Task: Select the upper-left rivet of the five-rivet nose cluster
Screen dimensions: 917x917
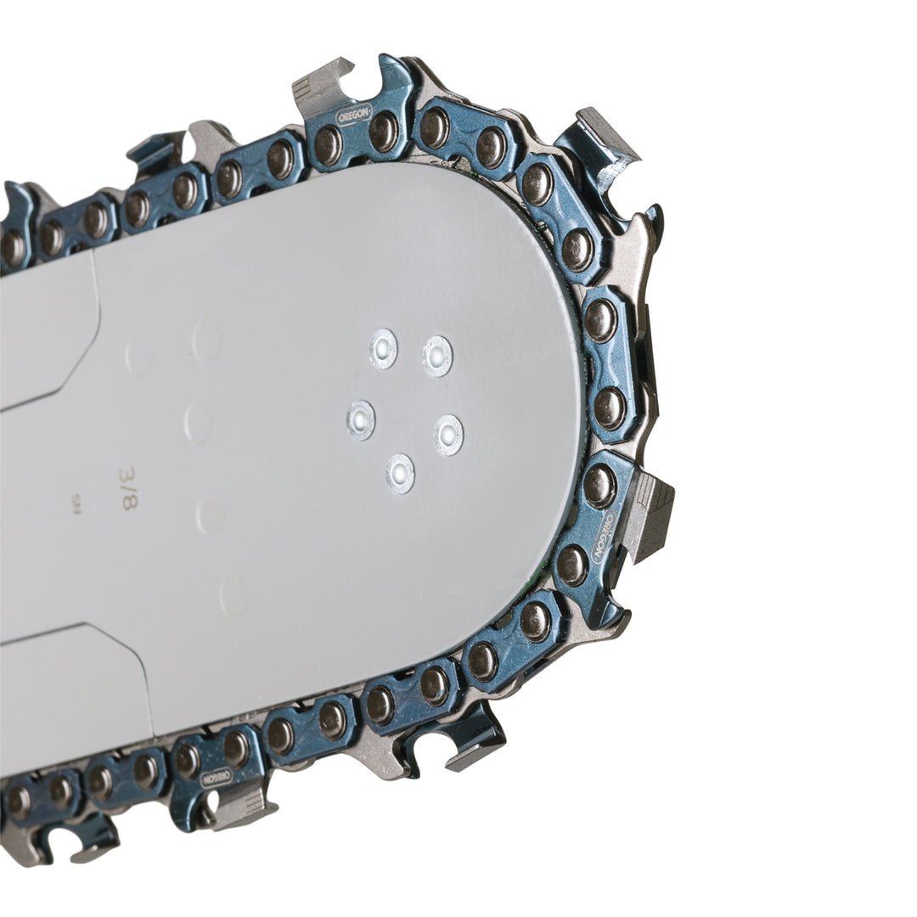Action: [383, 348]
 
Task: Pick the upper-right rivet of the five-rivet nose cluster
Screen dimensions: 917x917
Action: [438, 356]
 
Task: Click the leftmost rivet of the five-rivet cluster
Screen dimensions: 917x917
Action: [361, 419]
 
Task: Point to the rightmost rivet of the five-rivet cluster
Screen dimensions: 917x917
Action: [448, 435]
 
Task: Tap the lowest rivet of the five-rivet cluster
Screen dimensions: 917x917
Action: [401, 474]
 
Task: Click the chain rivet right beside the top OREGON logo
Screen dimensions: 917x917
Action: [383, 131]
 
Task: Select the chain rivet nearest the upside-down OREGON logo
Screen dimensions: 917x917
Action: [236, 748]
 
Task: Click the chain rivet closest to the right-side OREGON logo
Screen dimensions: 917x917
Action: [600, 485]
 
